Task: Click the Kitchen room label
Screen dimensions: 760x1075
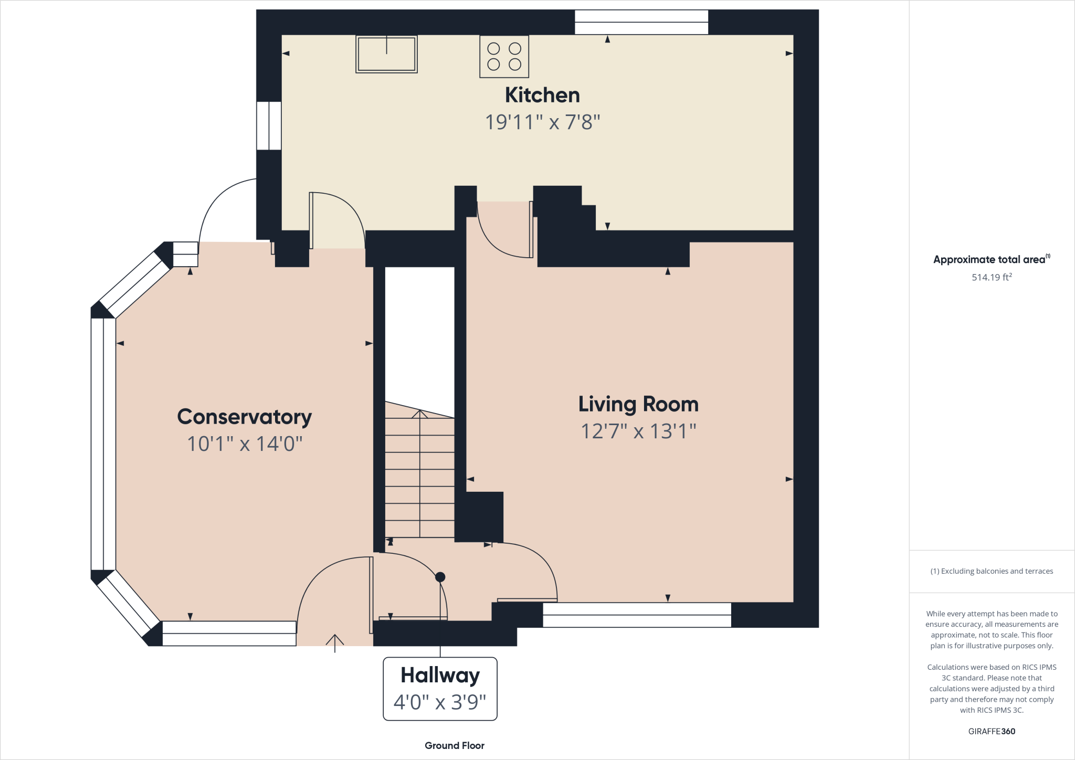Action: (542, 96)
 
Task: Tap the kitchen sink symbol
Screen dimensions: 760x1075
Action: (386, 54)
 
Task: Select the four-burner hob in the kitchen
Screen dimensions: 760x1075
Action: (504, 57)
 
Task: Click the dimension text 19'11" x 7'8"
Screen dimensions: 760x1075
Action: (542, 122)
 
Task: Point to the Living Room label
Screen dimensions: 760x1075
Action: (638, 404)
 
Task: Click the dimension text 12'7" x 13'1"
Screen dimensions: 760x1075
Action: (638, 431)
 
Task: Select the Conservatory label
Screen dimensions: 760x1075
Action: (245, 417)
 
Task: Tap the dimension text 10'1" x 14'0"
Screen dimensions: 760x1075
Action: (245, 444)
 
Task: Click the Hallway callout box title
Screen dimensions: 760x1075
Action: (440, 675)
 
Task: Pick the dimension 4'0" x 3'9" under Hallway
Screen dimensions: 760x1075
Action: (440, 702)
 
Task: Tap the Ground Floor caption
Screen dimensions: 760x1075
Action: (455, 745)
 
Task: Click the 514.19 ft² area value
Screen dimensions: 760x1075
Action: (992, 277)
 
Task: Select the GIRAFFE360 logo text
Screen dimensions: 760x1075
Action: (992, 731)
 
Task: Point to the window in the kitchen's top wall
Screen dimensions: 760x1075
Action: (641, 22)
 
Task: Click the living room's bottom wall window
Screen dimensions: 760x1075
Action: (637, 615)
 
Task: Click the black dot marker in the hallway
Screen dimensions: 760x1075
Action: (440, 577)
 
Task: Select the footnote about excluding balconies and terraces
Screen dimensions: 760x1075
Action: (992, 571)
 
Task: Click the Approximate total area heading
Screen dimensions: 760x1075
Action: (989, 259)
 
